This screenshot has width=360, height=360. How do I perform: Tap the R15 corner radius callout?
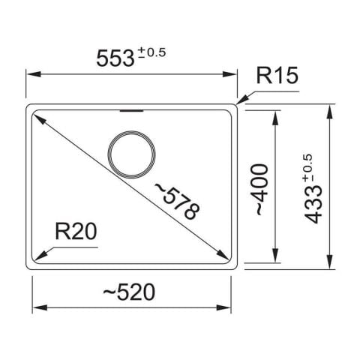point(277,76)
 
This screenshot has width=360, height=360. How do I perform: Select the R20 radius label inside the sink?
point(77,232)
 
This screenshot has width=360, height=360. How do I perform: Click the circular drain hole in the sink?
point(133,153)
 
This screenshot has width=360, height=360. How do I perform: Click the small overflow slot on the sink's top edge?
point(133,110)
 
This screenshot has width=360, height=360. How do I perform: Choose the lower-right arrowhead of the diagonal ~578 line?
point(226,253)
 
